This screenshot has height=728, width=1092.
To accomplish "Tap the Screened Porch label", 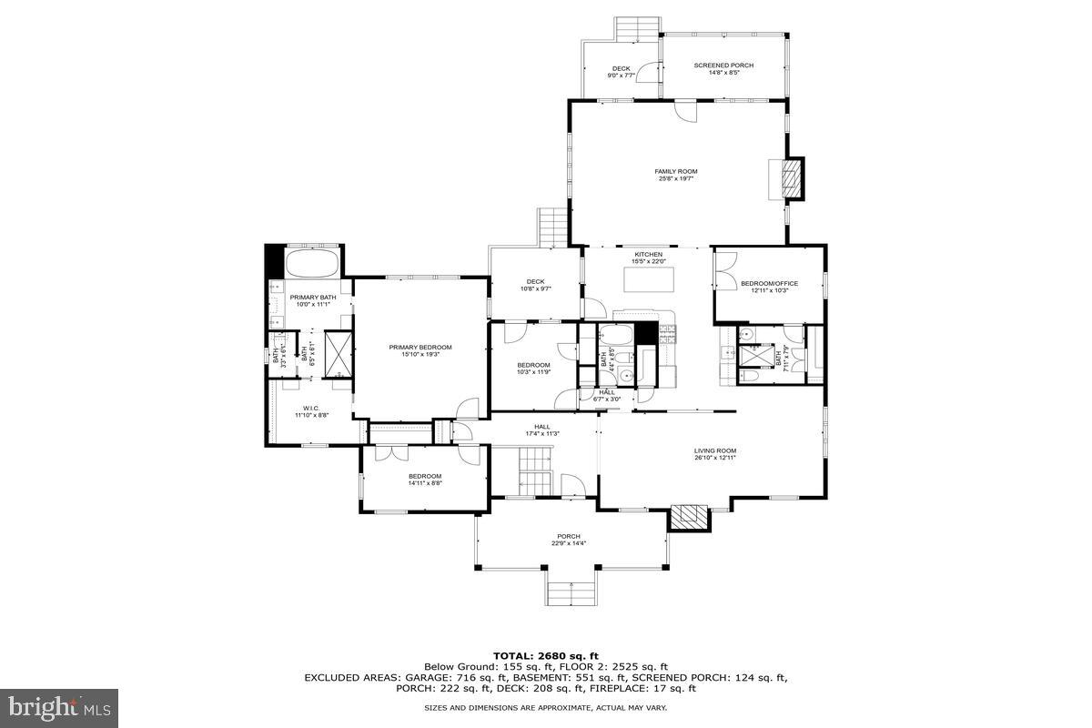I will (723, 68).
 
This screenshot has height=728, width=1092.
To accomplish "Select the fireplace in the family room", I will (794, 179).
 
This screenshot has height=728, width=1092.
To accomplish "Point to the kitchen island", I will (649, 278).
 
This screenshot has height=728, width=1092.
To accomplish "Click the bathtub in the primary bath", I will (313, 264).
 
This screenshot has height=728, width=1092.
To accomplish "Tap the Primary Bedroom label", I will (420, 350).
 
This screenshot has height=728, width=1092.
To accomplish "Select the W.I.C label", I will (310, 410).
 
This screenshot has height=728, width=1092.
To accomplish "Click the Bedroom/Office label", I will (769, 287).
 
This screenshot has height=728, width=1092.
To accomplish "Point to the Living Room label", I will (714, 453).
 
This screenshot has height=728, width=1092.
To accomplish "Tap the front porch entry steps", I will (571, 594).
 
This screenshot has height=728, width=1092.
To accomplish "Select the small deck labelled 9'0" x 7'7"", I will (621, 72).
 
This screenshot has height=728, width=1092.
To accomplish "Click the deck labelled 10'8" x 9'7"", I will (535, 285).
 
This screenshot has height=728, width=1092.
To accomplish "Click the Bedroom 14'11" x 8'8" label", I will (424, 480).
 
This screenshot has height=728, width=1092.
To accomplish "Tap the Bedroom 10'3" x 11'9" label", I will (534, 369).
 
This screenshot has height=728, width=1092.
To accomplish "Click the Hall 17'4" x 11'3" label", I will (541, 430).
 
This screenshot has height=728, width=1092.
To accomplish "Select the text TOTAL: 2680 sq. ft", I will (545, 655).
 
